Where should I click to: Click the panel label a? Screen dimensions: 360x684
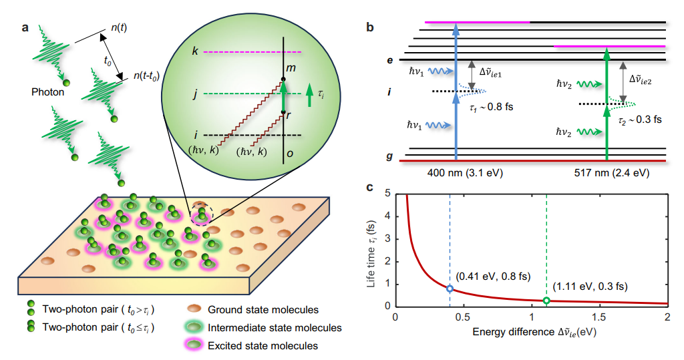tap(25, 28)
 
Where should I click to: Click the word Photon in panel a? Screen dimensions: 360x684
tap(47, 92)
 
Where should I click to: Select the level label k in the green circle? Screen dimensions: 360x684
tap(194, 51)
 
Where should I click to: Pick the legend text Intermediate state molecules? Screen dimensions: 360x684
tap(275, 328)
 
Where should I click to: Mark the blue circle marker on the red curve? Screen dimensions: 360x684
tap(450, 289)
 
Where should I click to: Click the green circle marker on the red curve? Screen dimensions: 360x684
tap(546, 301)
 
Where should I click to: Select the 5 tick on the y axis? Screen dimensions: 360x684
tap(388, 194)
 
